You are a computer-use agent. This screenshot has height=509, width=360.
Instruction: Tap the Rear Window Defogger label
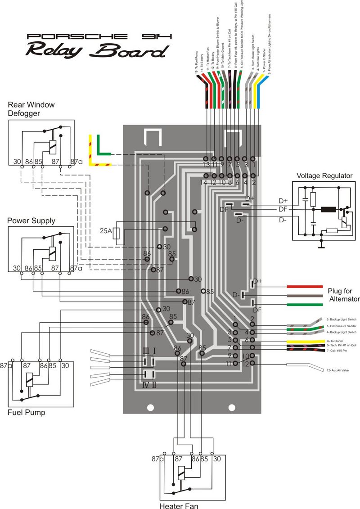[x=31, y=108]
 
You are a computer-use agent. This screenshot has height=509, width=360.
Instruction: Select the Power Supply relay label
[x=31, y=221]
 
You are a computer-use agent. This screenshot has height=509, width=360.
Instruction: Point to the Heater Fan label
[x=179, y=506]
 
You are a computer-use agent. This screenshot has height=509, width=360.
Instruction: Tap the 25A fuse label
[x=106, y=231]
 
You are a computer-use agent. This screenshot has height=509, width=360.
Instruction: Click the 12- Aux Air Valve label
[x=337, y=370]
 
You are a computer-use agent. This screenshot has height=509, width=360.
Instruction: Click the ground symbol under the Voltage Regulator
[x=321, y=247]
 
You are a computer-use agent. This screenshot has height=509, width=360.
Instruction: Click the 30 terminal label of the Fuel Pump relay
[x=65, y=365]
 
